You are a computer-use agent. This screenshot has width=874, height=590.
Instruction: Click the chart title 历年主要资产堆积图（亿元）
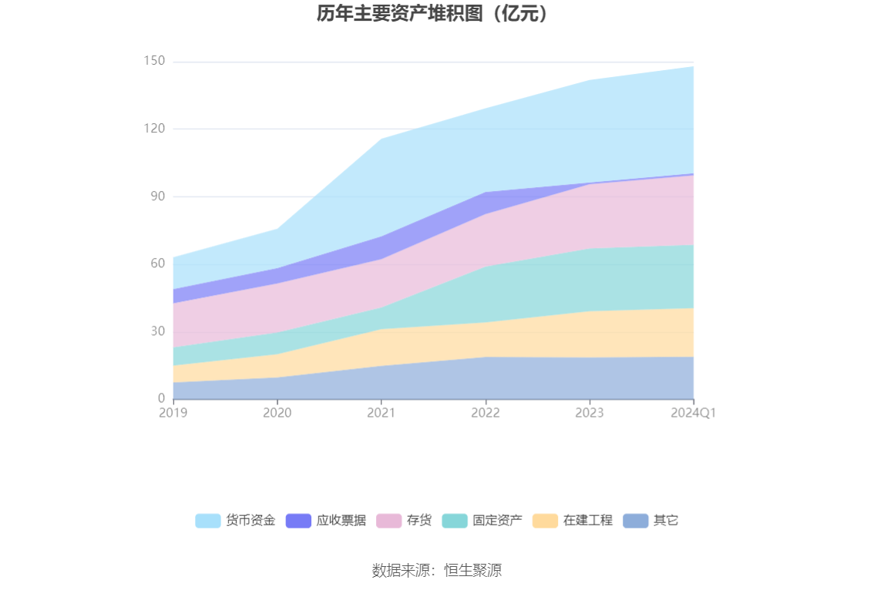436,14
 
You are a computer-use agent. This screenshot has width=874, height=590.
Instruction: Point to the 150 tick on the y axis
154,61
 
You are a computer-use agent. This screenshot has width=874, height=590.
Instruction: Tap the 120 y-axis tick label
154,129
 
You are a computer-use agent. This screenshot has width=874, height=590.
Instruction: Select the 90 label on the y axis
157,196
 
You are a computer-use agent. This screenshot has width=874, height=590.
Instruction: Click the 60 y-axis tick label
157,263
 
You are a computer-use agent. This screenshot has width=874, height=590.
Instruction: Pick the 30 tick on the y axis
157,331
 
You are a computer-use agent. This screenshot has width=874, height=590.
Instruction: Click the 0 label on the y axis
161,398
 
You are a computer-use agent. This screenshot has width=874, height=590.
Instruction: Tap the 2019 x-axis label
173,413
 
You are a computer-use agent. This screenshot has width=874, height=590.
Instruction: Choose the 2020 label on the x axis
277,413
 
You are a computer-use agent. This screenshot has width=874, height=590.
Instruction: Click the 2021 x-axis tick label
382,413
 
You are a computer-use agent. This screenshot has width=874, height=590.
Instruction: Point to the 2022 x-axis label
486,413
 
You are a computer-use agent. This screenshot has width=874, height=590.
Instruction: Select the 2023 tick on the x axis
590,413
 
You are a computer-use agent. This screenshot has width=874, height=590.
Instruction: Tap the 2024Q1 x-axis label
694,413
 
